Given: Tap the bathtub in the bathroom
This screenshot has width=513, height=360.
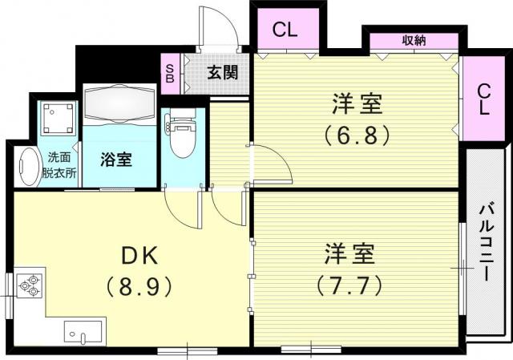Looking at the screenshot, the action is (x=119, y=103).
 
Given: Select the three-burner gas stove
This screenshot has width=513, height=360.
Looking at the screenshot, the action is (x=29, y=285).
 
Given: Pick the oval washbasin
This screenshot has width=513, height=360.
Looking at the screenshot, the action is (x=29, y=168).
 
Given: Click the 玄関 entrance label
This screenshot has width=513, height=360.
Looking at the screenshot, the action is (x=223, y=73).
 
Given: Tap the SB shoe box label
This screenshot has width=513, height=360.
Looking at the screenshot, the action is (x=170, y=73).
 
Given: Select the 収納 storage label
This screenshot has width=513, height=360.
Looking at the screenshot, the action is (x=414, y=41).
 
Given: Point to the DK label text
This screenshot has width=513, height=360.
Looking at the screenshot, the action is (x=139, y=256).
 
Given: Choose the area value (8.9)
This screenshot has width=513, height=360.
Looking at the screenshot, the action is (x=139, y=286).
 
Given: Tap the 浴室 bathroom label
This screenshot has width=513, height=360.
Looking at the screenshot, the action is (x=116, y=160).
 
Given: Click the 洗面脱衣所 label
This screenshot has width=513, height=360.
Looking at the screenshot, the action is (x=59, y=165).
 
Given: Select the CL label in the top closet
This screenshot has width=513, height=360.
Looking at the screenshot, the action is (x=285, y=30).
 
